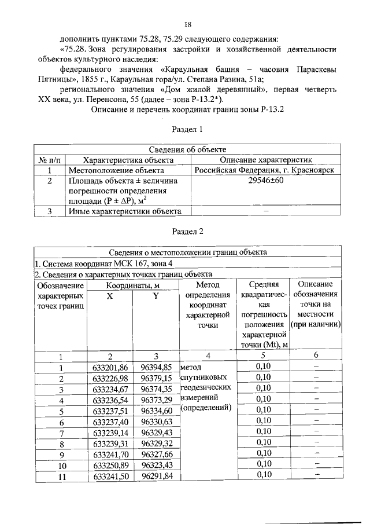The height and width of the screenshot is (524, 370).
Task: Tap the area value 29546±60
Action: tap(266, 181)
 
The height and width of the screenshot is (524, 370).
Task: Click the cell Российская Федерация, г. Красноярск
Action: tap(266, 170)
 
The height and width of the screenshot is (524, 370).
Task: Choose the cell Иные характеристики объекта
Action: tap(125, 211)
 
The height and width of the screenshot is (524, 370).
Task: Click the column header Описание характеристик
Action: tap(266, 160)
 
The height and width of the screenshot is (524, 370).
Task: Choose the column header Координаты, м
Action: tap(133, 285)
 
